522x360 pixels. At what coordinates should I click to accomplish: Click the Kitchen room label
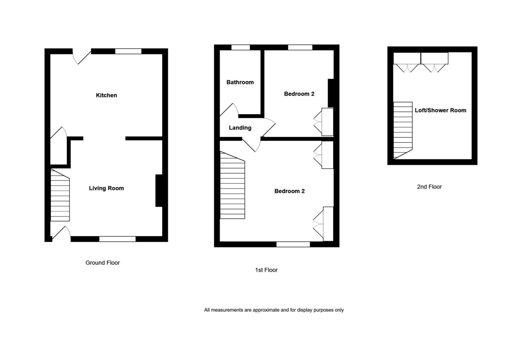click(107, 95)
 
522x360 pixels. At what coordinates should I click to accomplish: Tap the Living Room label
click(107, 188)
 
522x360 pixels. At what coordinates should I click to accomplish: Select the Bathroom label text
click(240, 82)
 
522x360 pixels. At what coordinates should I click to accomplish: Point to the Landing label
click(240, 128)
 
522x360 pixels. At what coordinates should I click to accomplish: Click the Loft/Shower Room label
click(440, 110)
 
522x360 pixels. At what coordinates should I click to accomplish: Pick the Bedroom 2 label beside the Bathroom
click(299, 94)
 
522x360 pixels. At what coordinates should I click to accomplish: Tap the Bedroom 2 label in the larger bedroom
click(289, 191)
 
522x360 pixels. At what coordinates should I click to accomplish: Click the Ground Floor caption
click(103, 263)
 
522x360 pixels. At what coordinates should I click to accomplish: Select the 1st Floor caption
click(266, 270)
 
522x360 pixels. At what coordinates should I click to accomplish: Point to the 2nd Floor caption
click(429, 187)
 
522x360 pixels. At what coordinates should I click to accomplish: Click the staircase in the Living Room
click(60, 196)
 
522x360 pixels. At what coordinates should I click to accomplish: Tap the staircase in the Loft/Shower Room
click(403, 130)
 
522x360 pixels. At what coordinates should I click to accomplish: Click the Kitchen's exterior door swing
click(81, 57)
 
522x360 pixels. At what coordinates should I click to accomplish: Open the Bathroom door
click(229, 110)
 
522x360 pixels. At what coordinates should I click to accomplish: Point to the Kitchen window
click(128, 51)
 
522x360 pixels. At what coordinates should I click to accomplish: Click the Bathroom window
click(241, 47)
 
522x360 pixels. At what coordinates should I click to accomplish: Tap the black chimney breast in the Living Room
click(159, 190)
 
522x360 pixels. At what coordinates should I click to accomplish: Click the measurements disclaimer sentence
click(274, 310)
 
